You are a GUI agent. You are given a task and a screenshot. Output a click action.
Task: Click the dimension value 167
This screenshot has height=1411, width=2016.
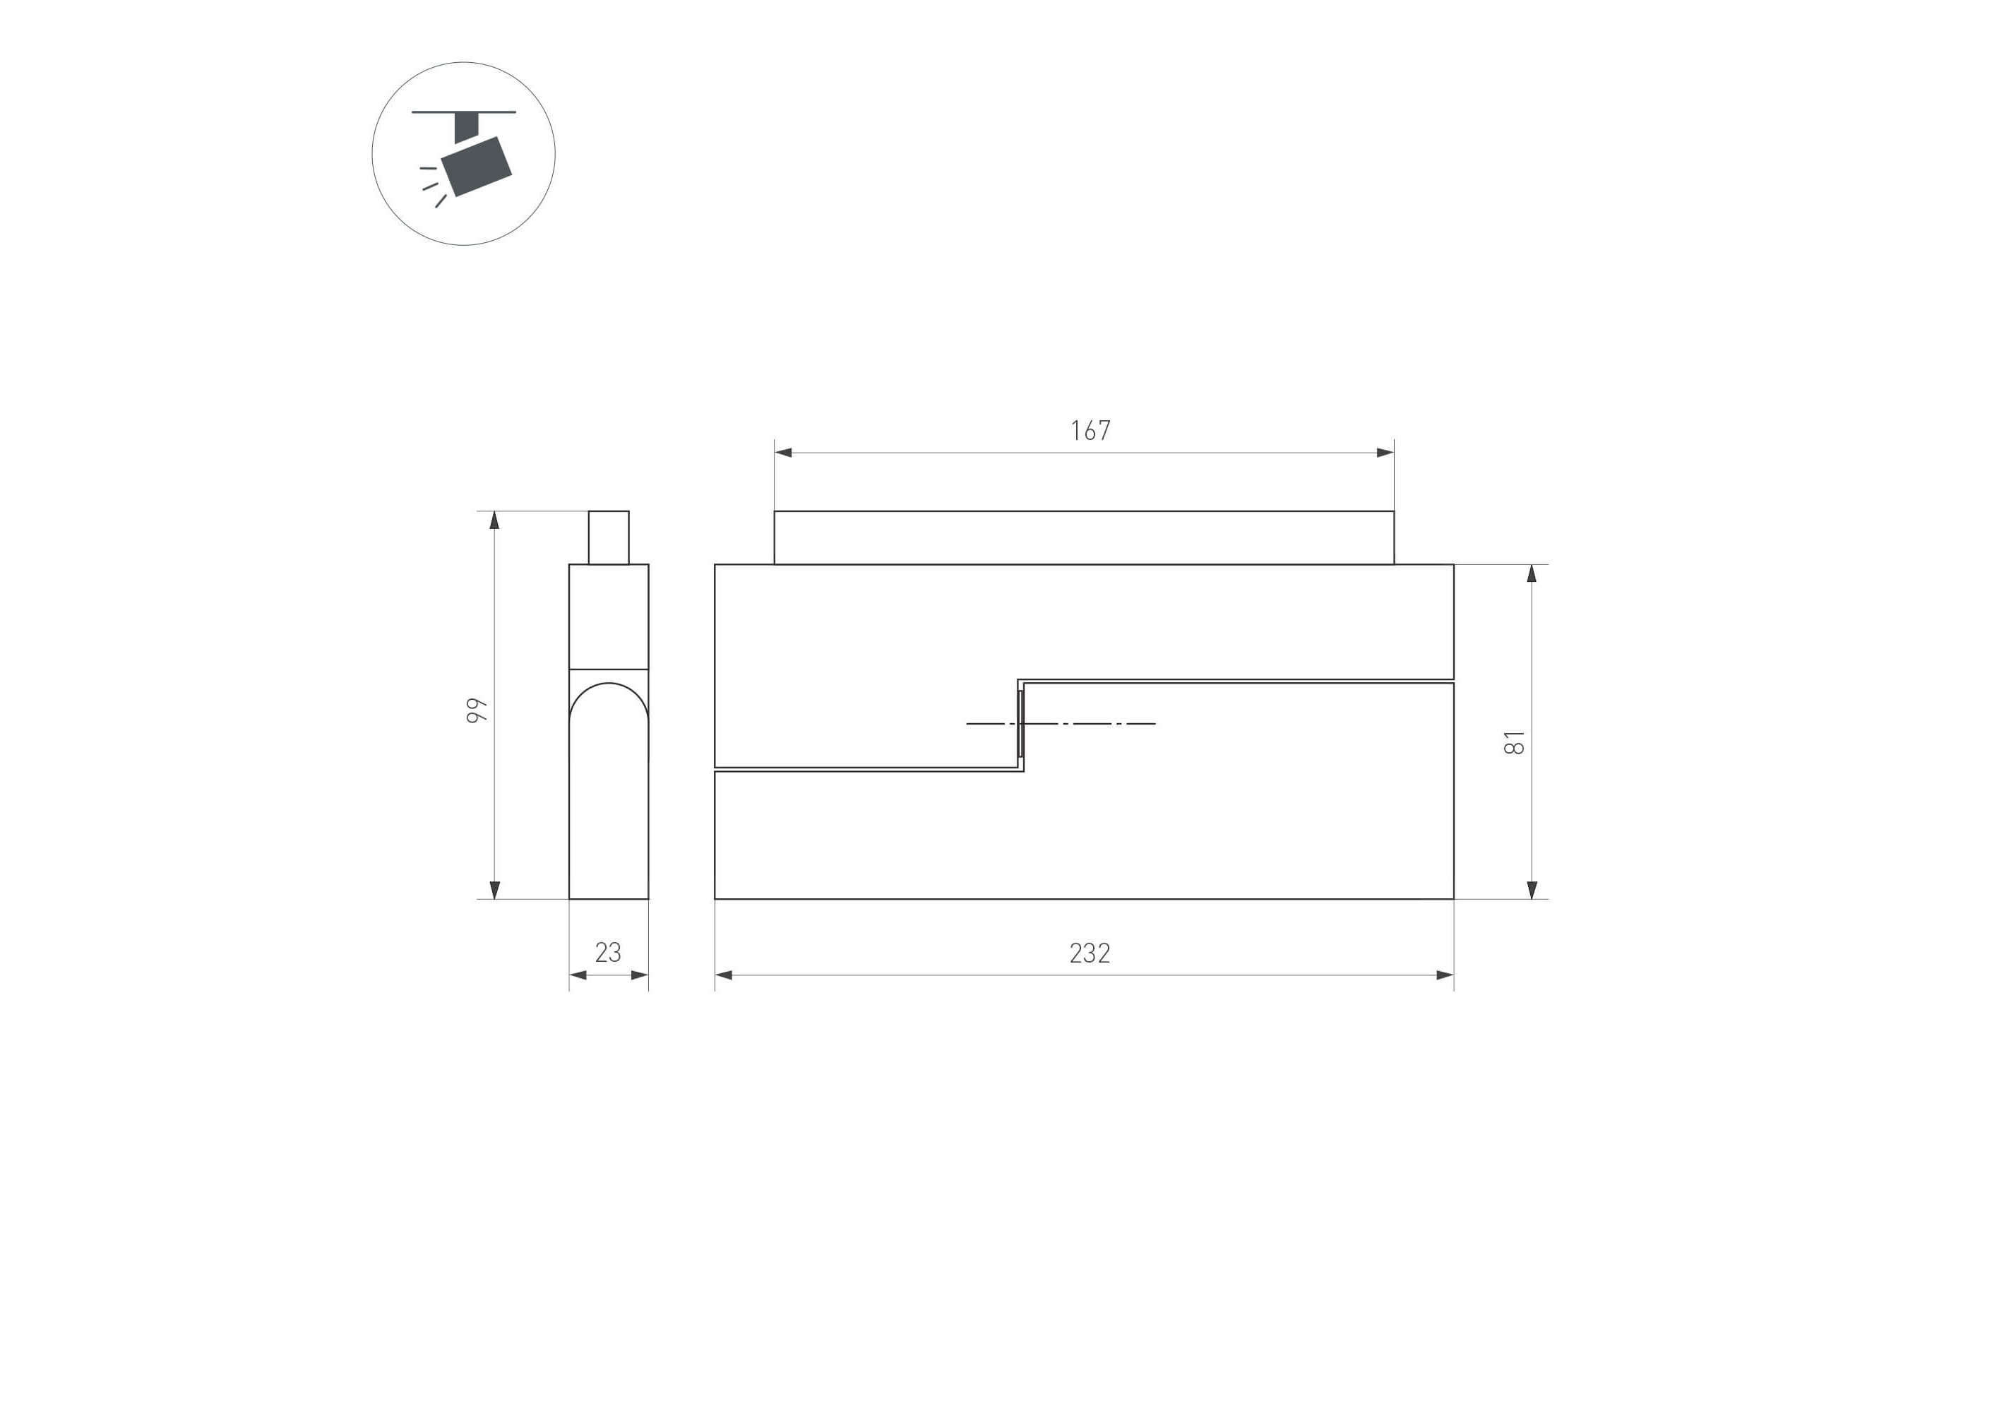point(1090,430)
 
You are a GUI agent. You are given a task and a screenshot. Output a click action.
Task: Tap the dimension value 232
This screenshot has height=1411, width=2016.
point(1090,953)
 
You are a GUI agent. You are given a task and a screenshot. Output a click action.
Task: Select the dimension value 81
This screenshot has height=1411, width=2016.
point(1515,742)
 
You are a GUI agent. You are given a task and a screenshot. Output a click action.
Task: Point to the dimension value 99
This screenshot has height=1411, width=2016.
point(477,710)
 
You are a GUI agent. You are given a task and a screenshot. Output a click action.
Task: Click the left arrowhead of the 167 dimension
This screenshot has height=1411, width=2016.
point(783,453)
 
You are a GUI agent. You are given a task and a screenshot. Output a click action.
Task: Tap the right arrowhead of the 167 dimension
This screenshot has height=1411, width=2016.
point(1385,453)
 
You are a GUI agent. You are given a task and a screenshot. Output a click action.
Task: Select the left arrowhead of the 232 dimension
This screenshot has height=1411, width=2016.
point(724,975)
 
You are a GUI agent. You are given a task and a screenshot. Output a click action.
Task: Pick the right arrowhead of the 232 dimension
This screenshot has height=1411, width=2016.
point(1445,975)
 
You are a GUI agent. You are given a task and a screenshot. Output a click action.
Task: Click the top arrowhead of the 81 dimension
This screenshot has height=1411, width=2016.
point(1532,573)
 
